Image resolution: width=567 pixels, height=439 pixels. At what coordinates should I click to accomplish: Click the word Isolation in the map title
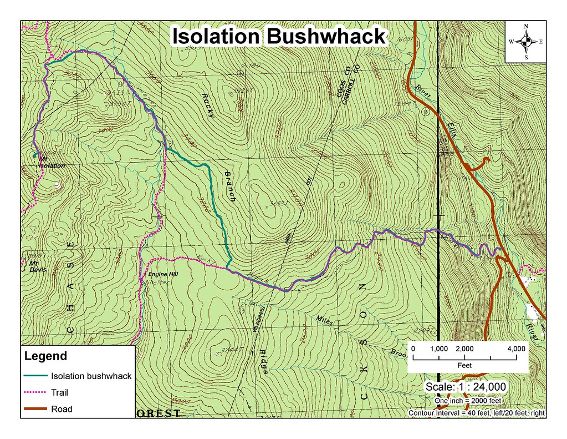(x=214, y=37)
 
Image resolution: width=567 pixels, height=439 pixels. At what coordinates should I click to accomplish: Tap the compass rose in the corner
(x=526, y=42)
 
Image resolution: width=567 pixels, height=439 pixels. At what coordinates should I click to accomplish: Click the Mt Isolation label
(x=52, y=163)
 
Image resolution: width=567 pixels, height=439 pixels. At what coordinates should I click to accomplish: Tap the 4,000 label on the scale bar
(x=517, y=348)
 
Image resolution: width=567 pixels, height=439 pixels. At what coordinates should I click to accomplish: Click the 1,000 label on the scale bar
(x=438, y=348)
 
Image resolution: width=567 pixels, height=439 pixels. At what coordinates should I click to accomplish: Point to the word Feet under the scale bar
(x=464, y=366)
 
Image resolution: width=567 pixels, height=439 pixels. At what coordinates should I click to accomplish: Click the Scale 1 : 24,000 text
(x=465, y=386)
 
